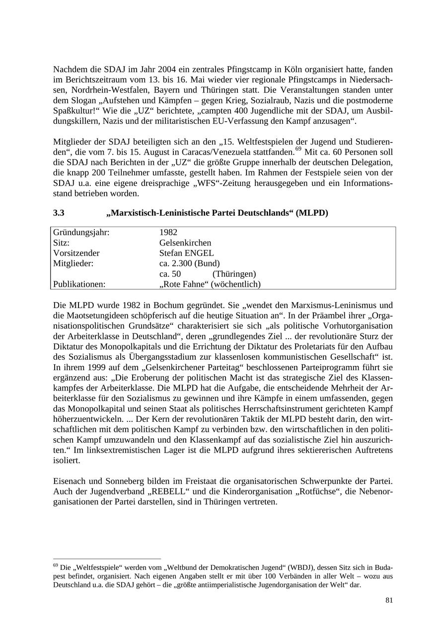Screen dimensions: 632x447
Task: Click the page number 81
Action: click(389, 600)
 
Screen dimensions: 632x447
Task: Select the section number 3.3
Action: click(59, 213)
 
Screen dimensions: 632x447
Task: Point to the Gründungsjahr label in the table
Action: click(81, 232)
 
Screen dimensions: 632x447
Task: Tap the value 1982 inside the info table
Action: click(168, 232)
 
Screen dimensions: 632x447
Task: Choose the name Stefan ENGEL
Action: click(187, 253)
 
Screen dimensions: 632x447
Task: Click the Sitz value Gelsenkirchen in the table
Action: click(185, 242)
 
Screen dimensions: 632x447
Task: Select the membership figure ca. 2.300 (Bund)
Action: click(189, 263)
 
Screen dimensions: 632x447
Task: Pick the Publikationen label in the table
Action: click(79, 284)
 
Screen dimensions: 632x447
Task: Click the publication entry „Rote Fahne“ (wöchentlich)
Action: click(210, 284)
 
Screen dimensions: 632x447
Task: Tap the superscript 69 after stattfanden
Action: click(298, 149)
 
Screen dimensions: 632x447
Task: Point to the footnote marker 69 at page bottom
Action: click(55, 565)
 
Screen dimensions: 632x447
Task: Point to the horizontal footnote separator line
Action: click(107, 559)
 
